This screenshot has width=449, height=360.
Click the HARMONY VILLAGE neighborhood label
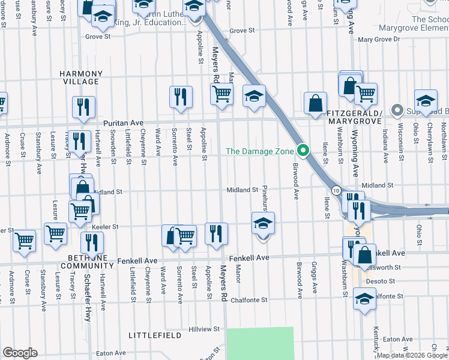80,77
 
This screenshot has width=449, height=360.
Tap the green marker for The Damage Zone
304,151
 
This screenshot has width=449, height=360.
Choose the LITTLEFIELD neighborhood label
154,335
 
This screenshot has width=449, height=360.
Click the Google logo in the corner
20,353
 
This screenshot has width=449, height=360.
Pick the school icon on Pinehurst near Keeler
263,224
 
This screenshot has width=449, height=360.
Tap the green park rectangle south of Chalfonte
261,343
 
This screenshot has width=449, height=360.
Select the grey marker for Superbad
396,110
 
